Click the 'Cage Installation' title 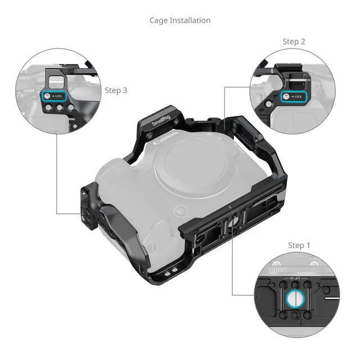pos(180,20)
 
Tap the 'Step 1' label pos(299,245)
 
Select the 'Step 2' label pos(294,42)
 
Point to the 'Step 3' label pos(116,90)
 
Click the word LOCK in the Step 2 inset pos(298,97)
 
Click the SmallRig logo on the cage pos(163,116)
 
